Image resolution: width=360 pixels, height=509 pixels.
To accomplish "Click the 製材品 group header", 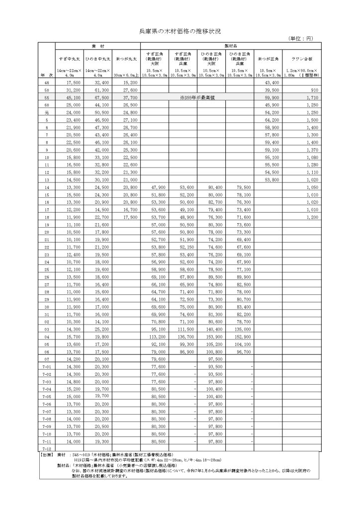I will pos(233,45).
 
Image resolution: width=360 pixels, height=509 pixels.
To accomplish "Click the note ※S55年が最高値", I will pos(197,99).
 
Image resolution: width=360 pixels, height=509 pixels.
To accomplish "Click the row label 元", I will pos(47,113).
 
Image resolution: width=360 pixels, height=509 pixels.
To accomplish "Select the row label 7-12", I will pos(47,448).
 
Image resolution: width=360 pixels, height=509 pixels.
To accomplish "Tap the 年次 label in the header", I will pos(47,75).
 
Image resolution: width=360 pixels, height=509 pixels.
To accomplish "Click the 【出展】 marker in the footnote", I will pos(47,455).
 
